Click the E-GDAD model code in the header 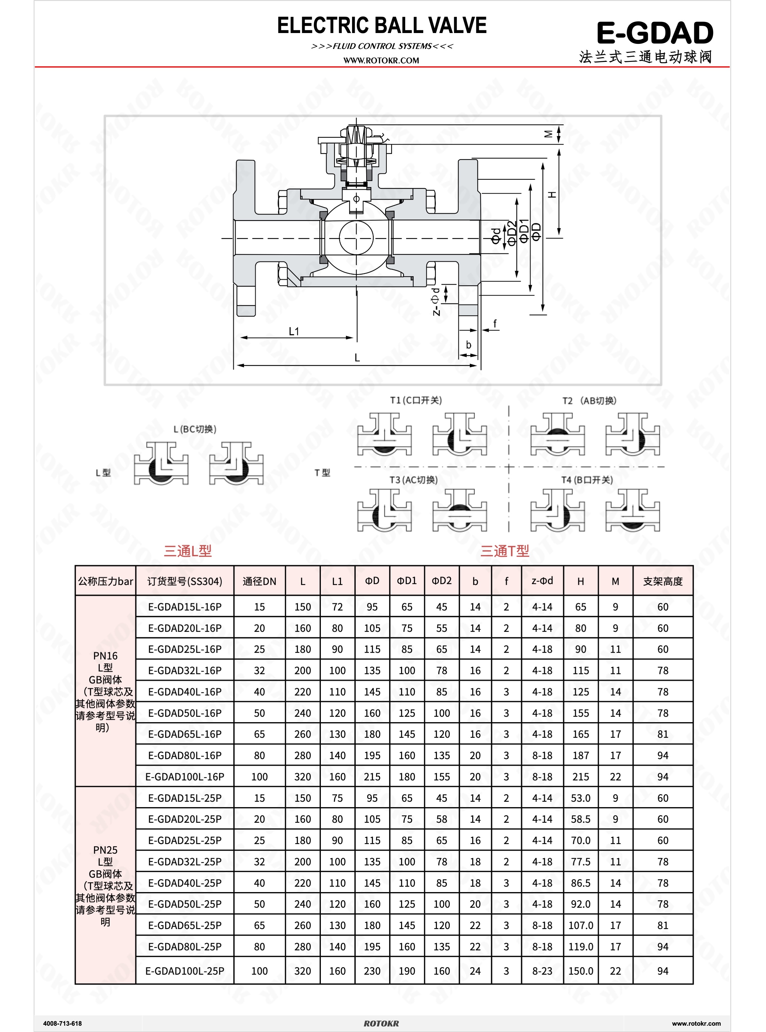coord(655,33)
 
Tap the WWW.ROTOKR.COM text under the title coord(381,60)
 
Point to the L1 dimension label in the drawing coord(294,331)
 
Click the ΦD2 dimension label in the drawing coord(512,233)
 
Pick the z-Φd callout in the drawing coord(436,302)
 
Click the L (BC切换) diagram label coord(195,429)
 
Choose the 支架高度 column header coord(663,581)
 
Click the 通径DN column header coord(259,581)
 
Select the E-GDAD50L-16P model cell coord(184,713)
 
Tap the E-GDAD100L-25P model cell coord(184,971)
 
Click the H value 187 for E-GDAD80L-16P coord(581,755)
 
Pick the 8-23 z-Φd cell coord(542,971)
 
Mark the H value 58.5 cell coord(581,819)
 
